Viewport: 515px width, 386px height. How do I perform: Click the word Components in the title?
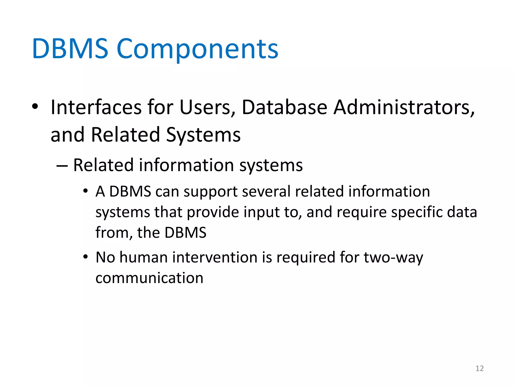(197, 49)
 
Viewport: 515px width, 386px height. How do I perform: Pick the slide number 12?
(480, 368)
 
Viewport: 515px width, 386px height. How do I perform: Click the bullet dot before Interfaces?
(35, 107)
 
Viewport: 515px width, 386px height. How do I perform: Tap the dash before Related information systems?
(62, 166)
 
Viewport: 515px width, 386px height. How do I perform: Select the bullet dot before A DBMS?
(85, 191)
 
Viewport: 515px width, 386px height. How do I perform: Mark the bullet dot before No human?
(85, 257)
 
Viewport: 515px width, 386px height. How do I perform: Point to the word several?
(266, 191)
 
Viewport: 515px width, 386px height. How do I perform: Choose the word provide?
(213, 213)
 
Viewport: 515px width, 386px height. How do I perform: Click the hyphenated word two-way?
(393, 258)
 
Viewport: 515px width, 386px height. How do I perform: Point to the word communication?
(149, 278)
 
